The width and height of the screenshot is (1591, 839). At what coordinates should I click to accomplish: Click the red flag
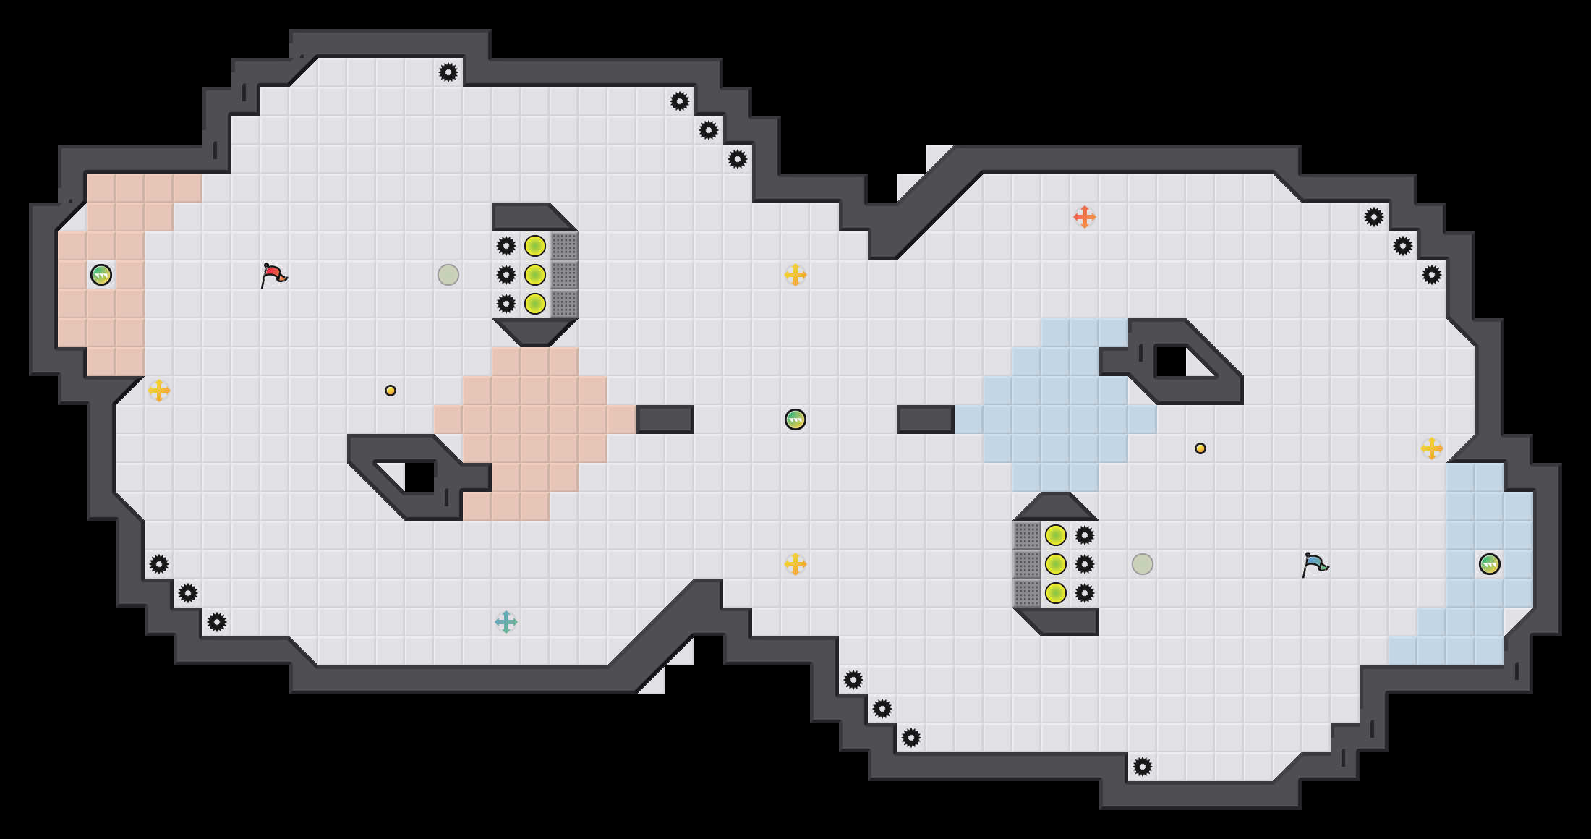click(273, 275)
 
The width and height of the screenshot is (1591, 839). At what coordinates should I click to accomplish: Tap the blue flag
click(1315, 564)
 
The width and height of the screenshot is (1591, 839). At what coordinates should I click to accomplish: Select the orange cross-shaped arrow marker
click(1084, 217)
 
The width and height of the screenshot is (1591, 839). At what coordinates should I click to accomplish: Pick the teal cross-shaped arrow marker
click(506, 622)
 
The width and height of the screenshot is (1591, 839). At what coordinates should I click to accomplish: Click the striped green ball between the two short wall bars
click(795, 419)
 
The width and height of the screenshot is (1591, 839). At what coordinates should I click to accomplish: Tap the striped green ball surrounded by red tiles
click(101, 275)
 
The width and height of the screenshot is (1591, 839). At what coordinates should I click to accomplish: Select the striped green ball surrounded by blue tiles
click(1490, 564)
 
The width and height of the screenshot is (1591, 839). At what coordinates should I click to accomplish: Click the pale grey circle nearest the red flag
click(448, 275)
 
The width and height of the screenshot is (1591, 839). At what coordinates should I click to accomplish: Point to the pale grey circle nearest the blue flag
click(1143, 564)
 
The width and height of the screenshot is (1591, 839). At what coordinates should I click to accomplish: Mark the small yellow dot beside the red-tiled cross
click(391, 391)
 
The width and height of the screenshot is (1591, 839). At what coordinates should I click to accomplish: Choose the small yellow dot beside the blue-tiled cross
click(1200, 448)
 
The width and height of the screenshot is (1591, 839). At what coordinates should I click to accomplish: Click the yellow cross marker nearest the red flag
click(159, 391)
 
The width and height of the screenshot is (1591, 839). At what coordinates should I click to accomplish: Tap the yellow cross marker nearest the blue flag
click(1432, 448)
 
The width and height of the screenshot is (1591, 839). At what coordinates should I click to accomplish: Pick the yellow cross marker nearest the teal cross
click(795, 564)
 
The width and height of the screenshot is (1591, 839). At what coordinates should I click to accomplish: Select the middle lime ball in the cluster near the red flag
click(535, 275)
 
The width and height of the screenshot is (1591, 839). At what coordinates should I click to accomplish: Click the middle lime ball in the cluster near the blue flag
click(1056, 564)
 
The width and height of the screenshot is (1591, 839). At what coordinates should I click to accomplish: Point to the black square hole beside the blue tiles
click(1171, 362)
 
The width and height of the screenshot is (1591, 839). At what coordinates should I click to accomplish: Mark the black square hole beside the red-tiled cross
click(419, 477)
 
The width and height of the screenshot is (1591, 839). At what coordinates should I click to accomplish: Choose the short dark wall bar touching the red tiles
click(665, 419)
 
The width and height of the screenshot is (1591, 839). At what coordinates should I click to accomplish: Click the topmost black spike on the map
click(448, 72)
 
